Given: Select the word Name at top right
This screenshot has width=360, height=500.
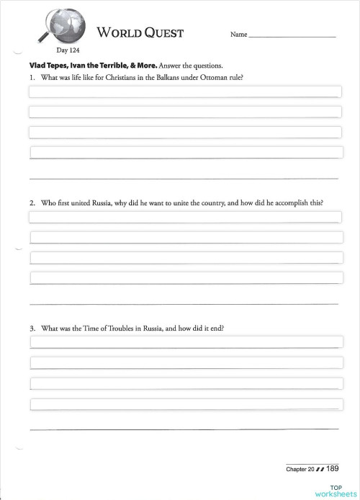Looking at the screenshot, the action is click(x=238, y=35).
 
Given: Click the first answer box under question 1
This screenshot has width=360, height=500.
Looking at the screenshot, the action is click(x=184, y=91).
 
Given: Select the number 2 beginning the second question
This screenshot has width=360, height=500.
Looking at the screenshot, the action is click(x=32, y=203).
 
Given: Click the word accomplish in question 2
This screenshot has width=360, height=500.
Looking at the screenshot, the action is click(x=282, y=203).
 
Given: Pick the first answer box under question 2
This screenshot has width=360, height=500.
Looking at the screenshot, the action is click(x=184, y=218).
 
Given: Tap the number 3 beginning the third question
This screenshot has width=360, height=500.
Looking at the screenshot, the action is click(x=32, y=329).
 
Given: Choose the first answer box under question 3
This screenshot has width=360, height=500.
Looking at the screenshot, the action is click(x=184, y=343).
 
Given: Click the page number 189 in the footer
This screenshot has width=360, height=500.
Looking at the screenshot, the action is click(x=332, y=468).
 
